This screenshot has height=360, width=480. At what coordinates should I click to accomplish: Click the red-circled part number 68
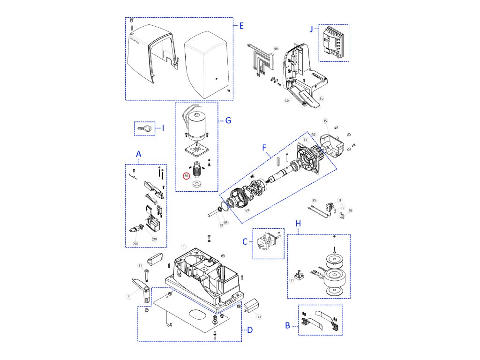click(x=186, y=176)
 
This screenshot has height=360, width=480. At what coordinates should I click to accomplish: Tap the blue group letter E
click(x=241, y=25)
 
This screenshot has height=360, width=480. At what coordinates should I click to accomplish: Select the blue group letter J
click(x=311, y=29)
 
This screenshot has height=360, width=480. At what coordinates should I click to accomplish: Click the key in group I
click(x=145, y=128)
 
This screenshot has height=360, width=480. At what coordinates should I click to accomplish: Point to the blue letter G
click(x=228, y=120)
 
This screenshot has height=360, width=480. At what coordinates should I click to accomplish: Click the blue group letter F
click(x=265, y=147)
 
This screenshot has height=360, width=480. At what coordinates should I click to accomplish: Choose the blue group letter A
click(x=138, y=154)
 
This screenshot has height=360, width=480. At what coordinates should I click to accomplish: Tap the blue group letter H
click(x=298, y=224)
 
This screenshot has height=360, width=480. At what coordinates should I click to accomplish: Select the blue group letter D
click(x=249, y=330)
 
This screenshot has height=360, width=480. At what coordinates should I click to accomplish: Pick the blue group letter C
click(x=245, y=242)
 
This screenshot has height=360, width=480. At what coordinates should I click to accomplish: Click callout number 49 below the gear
click(x=247, y=210)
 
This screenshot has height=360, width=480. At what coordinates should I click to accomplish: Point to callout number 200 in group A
click(x=135, y=244)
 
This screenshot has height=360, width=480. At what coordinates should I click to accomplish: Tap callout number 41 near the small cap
click(x=259, y=317)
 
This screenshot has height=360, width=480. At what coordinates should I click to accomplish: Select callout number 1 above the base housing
click(x=184, y=247)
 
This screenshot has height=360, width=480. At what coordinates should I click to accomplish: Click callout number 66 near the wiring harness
click(x=276, y=49)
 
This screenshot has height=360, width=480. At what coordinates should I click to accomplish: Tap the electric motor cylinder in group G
click(x=200, y=124)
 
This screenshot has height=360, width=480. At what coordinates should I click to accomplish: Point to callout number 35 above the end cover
click(x=325, y=121)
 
